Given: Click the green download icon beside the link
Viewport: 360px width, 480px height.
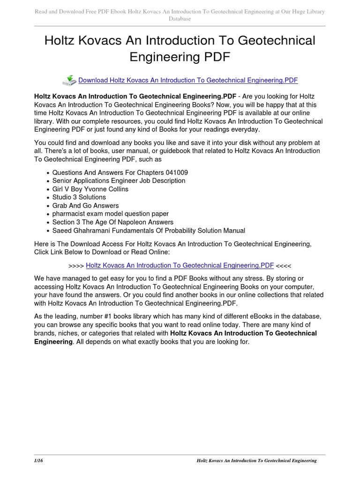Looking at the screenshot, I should coord(69,80).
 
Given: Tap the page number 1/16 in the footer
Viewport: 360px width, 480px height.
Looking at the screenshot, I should coord(39,461).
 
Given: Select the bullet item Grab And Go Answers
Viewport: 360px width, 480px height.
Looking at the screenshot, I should coord(85,206).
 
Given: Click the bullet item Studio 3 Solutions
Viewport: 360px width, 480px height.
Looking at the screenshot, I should coord(79,197).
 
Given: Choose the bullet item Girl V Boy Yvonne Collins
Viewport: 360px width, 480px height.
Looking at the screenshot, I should coord(90,189).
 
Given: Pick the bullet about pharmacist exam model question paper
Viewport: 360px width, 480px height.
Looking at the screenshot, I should coord(110,214).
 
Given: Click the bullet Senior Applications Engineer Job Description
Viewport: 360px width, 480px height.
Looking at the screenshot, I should coord(119,181).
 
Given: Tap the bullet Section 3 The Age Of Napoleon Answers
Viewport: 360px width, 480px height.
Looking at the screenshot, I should coord(112,222).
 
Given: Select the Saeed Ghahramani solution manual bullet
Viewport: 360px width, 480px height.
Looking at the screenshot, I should coord(149,231).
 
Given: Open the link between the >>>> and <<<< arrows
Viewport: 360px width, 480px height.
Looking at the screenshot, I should coord(180,265).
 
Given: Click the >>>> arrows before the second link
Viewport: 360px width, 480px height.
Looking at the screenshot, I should coord(76,265).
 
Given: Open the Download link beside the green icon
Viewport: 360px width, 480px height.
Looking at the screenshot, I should coord(188,80).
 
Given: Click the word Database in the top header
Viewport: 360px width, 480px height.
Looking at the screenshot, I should coord(180,19).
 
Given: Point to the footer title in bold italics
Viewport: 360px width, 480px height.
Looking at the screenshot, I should coord(256,461).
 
